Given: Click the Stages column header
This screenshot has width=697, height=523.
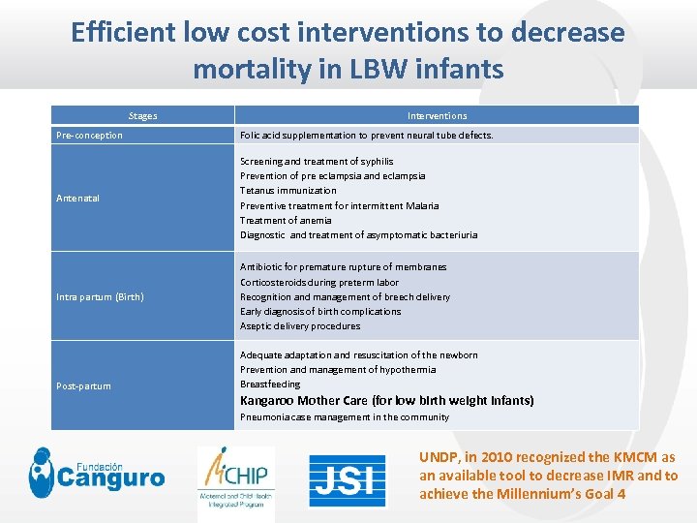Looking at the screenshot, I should [x=142, y=115].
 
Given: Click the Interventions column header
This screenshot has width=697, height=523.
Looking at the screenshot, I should [x=437, y=115].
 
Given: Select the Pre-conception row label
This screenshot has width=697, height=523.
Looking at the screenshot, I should [x=89, y=136].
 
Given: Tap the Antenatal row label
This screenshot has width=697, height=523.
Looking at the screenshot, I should [x=77, y=199].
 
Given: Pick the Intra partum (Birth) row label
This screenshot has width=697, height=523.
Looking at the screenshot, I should [x=100, y=296].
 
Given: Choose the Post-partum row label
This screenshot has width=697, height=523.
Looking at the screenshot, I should [x=83, y=386].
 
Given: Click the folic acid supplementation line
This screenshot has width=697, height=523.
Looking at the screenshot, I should [x=366, y=136].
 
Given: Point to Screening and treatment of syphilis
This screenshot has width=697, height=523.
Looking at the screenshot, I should [x=317, y=161].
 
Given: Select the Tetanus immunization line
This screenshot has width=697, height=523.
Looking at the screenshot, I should [x=288, y=191].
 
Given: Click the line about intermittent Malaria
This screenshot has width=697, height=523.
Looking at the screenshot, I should [x=339, y=205].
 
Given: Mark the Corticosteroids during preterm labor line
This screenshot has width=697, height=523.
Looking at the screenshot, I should [x=319, y=282].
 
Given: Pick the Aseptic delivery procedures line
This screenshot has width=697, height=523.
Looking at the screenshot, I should [x=300, y=326].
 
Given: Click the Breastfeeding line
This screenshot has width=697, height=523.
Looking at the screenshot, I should [x=270, y=385].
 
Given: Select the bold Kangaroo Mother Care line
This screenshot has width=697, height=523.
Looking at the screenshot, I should [x=386, y=400].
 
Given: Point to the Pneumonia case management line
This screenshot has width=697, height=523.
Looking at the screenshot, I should [x=345, y=417].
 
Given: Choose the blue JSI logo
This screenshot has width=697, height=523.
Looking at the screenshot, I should [x=347, y=480].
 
